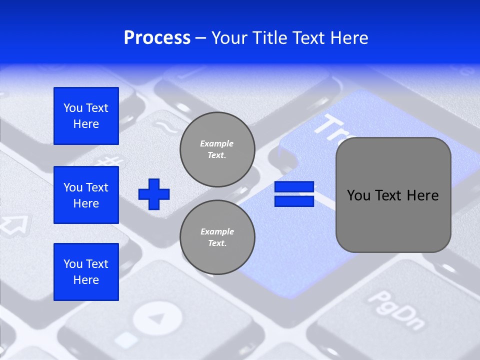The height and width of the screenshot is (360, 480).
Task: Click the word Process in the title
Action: click(157, 38)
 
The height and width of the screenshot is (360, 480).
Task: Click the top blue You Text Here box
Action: click(86, 116)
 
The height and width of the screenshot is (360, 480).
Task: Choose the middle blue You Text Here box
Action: click(86, 195)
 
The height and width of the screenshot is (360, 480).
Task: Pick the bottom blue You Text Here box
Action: click(86, 272)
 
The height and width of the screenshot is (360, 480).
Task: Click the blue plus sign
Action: click(154, 194)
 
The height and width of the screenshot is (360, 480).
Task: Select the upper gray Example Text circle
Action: click(217, 149)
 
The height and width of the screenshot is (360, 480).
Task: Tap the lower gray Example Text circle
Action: click(217, 237)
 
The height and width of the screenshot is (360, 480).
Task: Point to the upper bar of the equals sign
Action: click(294, 187)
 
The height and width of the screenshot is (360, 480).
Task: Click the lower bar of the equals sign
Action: click(294, 201)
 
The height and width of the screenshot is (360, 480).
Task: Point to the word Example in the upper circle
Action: click(217, 143)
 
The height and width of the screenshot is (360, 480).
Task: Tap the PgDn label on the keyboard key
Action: click(395, 310)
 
